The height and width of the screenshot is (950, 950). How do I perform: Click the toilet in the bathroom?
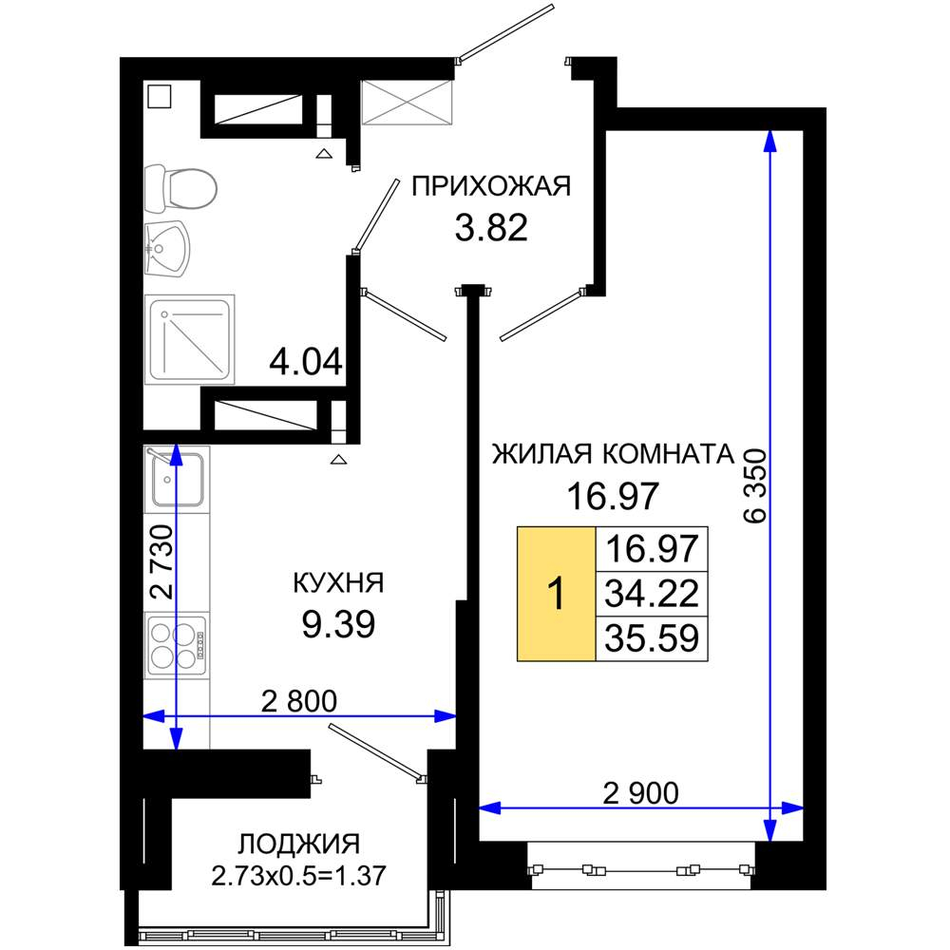click(180, 188)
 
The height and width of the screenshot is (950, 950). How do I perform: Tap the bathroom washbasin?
click(167, 248)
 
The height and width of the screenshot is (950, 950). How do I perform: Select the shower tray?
click(190, 339)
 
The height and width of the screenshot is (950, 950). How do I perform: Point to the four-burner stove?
click(177, 645)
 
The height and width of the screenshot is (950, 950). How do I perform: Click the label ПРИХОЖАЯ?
click(491, 186)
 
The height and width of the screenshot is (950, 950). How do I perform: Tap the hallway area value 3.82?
click(491, 228)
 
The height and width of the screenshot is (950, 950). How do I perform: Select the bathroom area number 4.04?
click(306, 362)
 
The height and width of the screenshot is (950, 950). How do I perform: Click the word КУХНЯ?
click(338, 583)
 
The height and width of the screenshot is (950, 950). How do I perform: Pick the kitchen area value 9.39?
click(339, 624)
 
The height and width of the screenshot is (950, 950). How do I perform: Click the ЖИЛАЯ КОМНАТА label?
click(613, 454)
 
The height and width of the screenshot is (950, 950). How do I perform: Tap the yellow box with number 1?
click(556, 593)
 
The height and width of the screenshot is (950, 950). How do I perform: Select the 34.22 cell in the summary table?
click(652, 594)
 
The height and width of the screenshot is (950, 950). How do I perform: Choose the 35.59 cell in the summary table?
click(652, 638)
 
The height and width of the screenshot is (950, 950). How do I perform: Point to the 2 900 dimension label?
click(641, 793)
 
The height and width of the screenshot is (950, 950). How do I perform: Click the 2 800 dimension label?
click(299, 702)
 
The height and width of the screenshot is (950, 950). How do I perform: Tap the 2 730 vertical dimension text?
click(161, 562)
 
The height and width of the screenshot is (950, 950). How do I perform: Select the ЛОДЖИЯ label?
click(299, 844)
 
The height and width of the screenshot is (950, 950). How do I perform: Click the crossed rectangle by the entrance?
click(408, 102)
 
